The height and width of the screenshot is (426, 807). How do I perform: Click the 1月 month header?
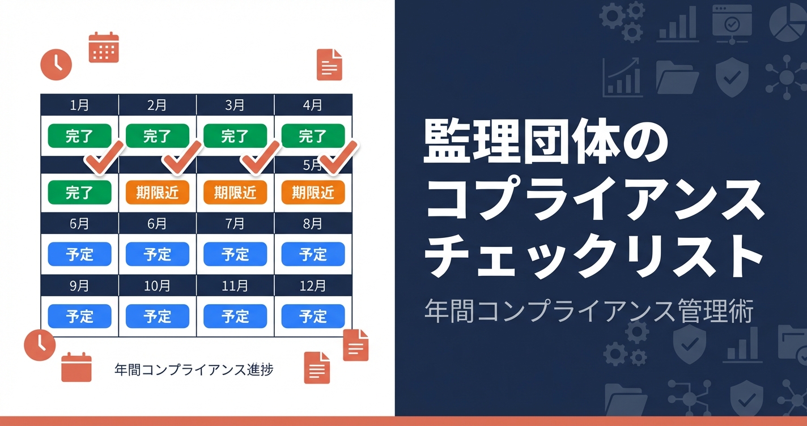[79, 105]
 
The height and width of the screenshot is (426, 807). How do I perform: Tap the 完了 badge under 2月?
[157, 136]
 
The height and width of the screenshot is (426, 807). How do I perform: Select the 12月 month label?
[313, 286]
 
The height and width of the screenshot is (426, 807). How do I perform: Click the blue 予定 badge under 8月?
[313, 254]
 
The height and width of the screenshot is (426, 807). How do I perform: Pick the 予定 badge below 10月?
[157, 316]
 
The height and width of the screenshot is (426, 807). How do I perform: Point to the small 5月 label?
[312, 165]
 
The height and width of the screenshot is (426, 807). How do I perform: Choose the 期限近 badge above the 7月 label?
[235, 193]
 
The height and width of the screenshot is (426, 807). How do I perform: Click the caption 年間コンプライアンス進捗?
[194, 370]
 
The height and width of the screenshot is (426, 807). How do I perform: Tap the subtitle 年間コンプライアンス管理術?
[588, 311]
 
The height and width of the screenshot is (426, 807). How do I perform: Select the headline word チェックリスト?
[593, 258]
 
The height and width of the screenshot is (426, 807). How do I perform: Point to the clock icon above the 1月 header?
[56, 64]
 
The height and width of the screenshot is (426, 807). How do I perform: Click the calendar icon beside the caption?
[77, 367]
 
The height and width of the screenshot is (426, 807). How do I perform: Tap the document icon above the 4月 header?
[329, 65]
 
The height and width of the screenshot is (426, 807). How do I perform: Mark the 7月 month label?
[235, 224]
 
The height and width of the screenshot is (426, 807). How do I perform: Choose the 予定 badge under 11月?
[235, 316]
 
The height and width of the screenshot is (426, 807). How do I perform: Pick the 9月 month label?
[79, 286]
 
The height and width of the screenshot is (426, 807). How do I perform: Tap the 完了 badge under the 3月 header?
[235, 136]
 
